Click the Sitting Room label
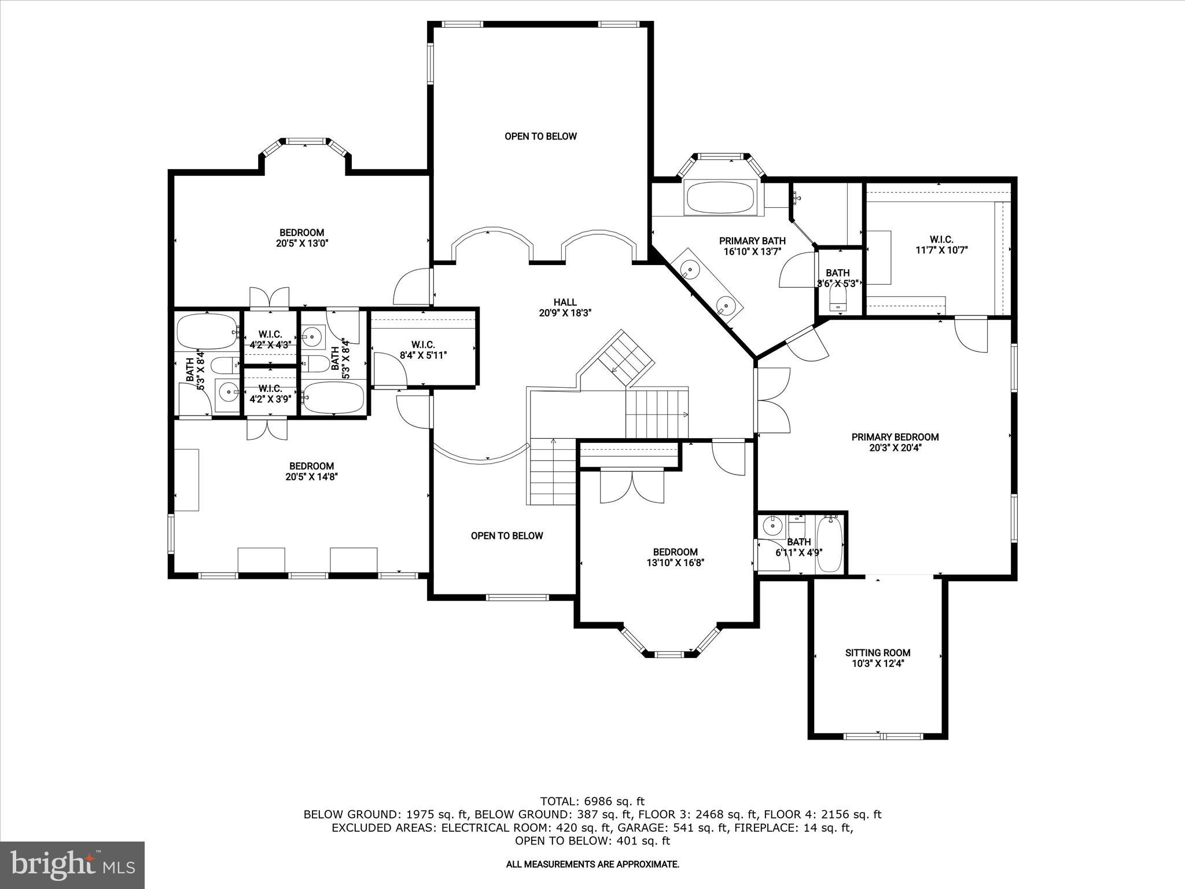(877, 658)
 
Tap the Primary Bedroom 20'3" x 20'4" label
(895, 442)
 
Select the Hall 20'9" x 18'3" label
(565, 307)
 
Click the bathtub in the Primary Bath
(720, 198)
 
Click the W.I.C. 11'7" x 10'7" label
(941, 245)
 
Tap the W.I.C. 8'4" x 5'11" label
(423, 350)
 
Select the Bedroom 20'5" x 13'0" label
(302, 238)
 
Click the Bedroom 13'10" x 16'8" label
(675, 557)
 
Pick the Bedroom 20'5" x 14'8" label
(311, 471)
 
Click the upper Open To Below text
(540, 137)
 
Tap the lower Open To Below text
(507, 536)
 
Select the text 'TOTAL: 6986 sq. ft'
(592, 802)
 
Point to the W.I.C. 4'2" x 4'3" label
(270, 339)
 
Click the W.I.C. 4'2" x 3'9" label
(270, 393)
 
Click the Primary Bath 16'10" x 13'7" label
(752, 246)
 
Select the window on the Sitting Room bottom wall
(882, 736)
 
